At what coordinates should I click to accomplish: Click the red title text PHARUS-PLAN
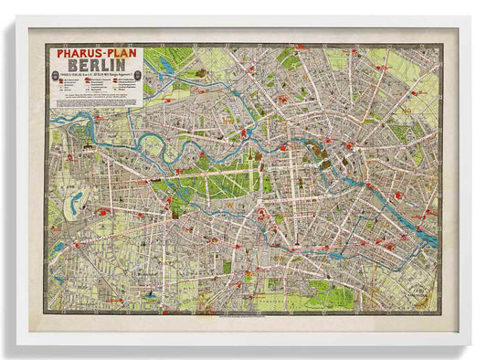96,53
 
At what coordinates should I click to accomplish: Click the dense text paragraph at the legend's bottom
96,101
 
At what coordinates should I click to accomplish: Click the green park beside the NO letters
398,132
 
